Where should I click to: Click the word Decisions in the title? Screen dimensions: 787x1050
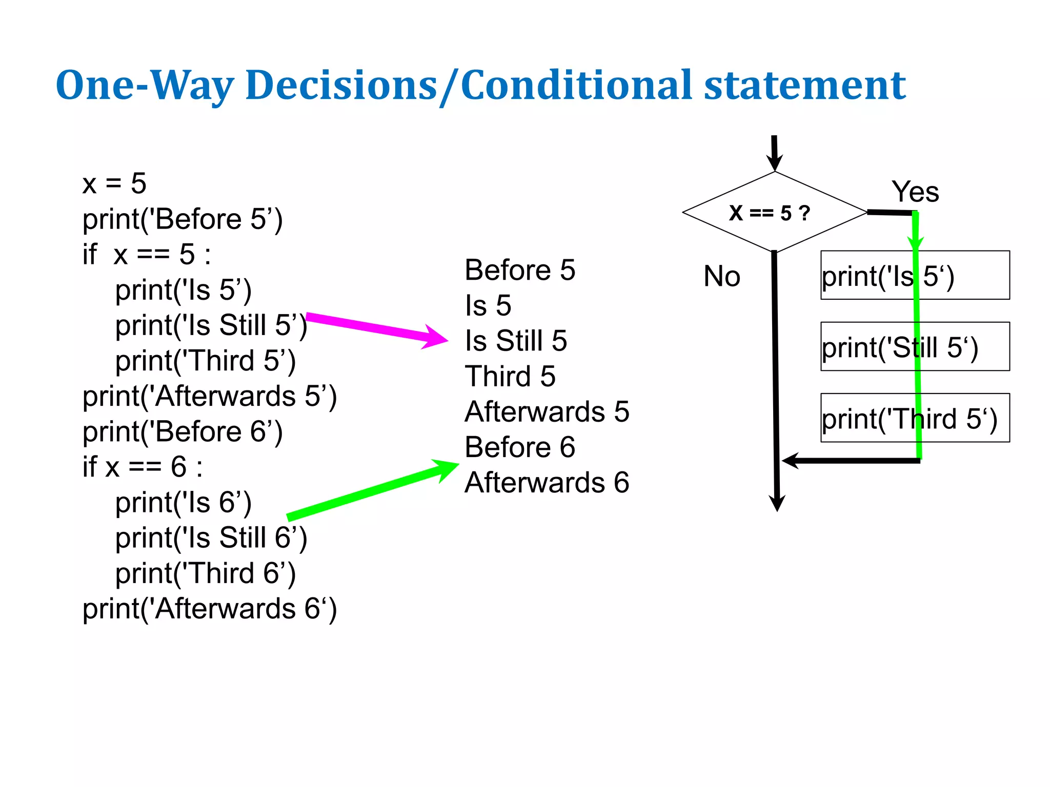click(x=341, y=85)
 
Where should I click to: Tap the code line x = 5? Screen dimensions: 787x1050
click(x=114, y=183)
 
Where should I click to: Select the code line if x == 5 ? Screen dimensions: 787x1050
click(x=147, y=254)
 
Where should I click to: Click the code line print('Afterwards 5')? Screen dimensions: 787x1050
click(x=210, y=396)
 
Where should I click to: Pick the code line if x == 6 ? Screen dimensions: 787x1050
click(x=143, y=467)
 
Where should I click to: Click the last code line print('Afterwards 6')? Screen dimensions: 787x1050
click(x=210, y=609)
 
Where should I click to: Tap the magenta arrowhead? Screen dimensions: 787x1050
click(x=436, y=338)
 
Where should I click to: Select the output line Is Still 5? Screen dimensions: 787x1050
click(x=516, y=341)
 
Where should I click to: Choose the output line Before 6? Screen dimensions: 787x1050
click(x=520, y=447)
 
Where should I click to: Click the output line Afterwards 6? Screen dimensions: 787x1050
click(x=547, y=483)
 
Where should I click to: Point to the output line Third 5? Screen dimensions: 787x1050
click(x=510, y=376)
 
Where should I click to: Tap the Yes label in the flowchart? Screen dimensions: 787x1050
click(x=915, y=192)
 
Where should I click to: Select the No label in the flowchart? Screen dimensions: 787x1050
click(x=722, y=276)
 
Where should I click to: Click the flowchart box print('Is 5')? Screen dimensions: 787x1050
click(x=915, y=275)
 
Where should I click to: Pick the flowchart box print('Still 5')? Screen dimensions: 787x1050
click(x=915, y=346)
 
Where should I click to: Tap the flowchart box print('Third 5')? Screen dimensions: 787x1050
click(x=915, y=418)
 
